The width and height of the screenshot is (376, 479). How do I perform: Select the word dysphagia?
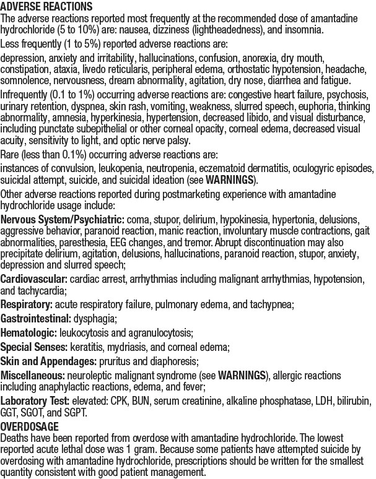[x=95, y=317]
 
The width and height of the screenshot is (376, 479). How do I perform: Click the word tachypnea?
[x=269, y=304]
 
